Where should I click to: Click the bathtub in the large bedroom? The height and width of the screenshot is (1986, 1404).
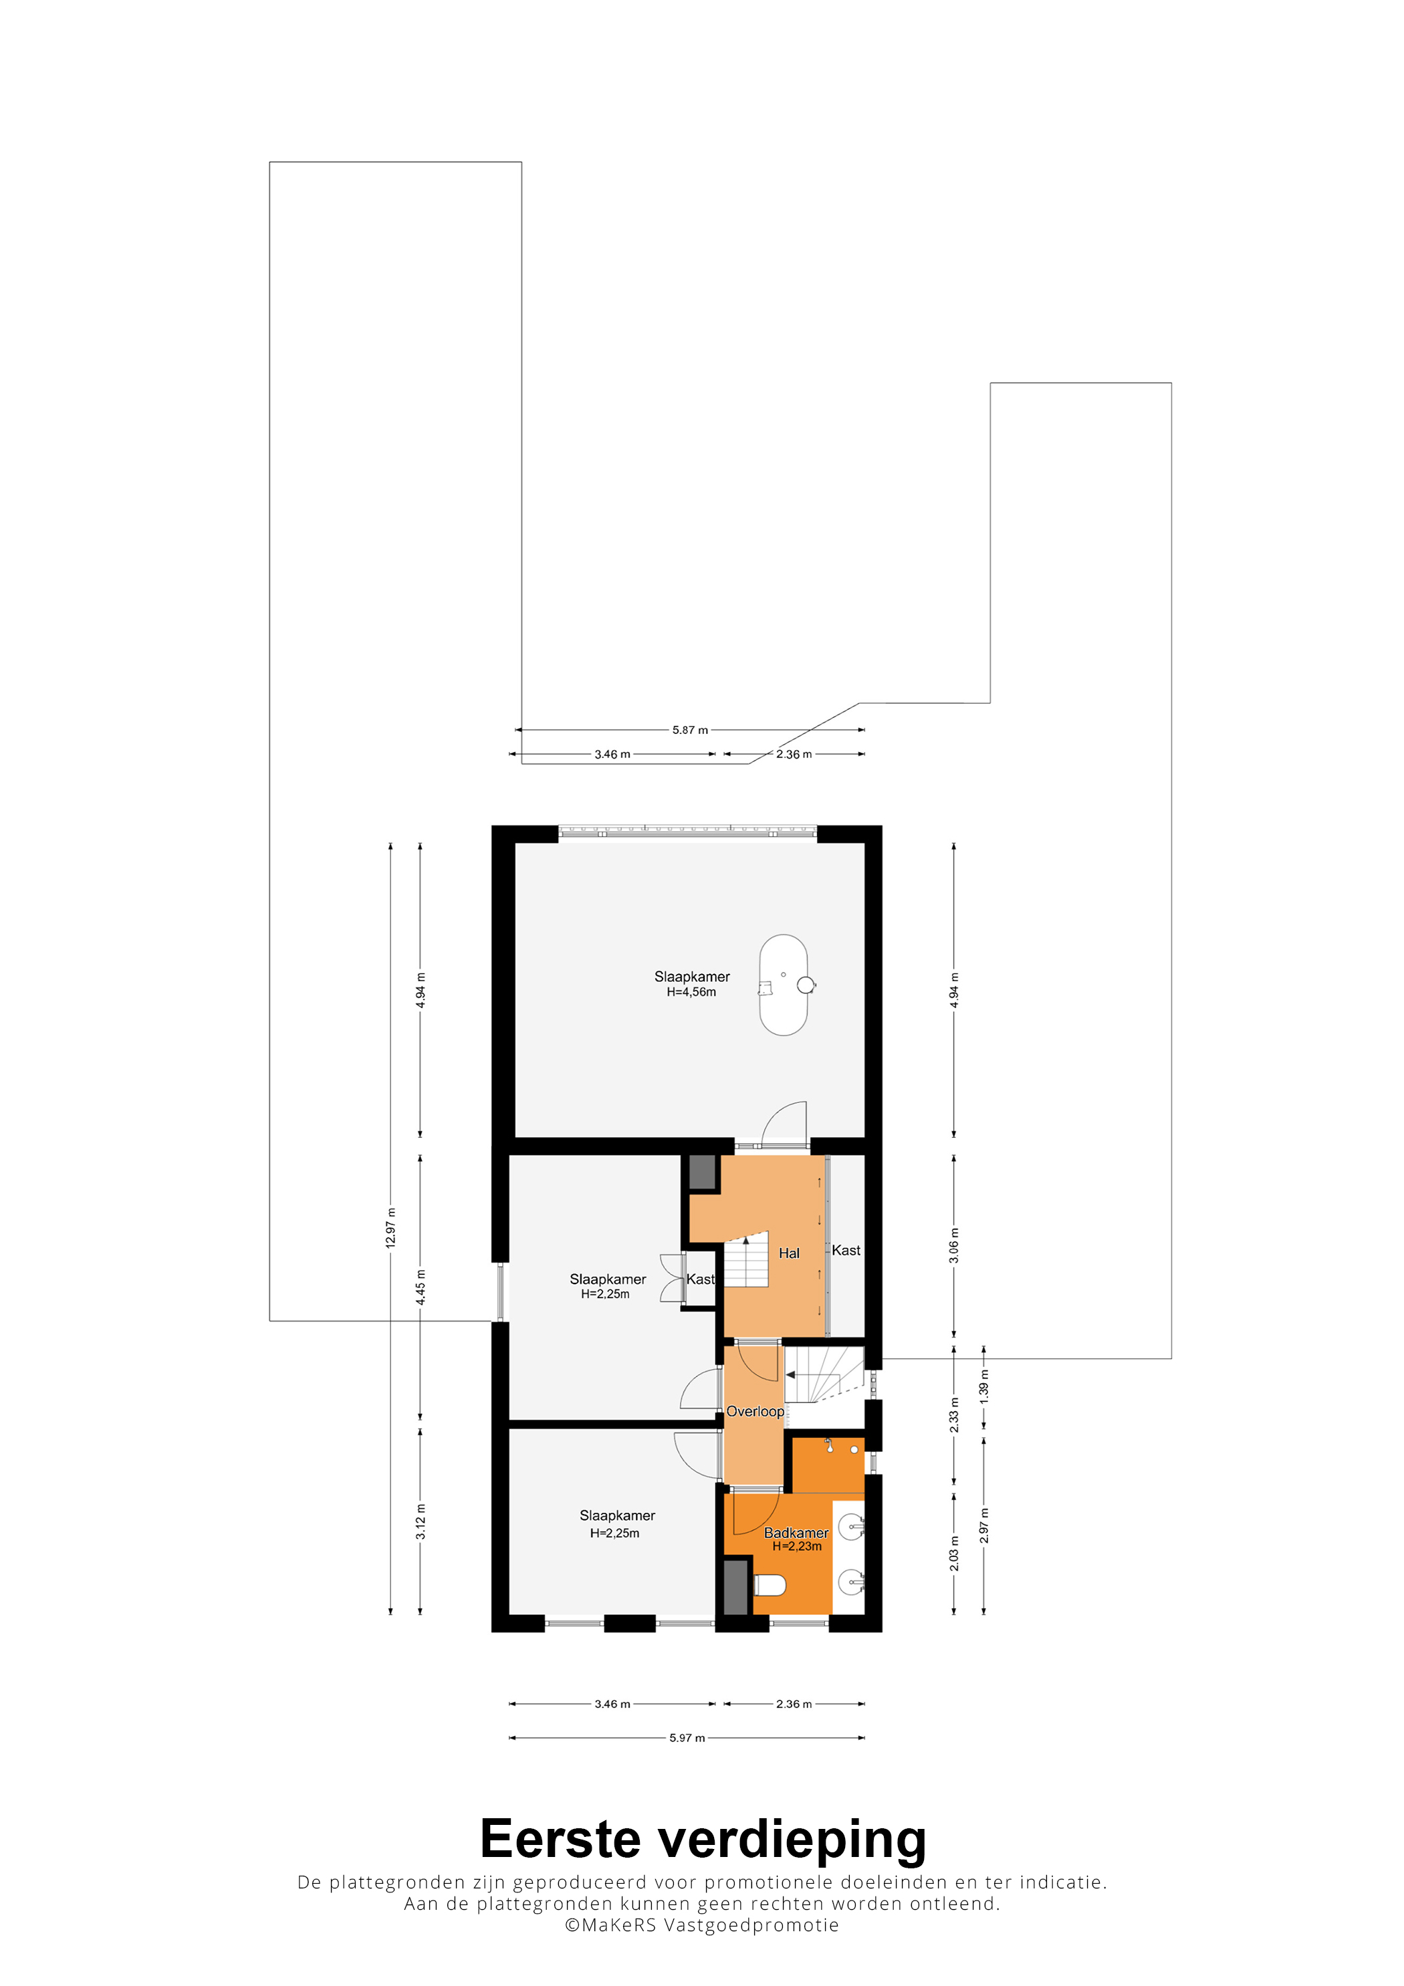[783, 985]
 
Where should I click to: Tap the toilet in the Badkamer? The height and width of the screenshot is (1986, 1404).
[769, 1585]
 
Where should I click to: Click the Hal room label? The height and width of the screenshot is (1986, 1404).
[789, 1253]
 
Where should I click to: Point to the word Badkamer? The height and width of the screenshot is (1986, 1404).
[796, 1533]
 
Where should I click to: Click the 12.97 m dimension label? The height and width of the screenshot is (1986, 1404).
[391, 1227]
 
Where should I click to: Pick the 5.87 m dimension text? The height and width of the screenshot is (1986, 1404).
[691, 730]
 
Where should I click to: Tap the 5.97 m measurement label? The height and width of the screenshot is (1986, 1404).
[687, 1738]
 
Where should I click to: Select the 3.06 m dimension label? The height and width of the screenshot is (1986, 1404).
[954, 1245]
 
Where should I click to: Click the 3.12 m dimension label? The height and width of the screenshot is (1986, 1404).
[421, 1521]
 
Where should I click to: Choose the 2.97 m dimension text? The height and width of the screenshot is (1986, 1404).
[983, 1526]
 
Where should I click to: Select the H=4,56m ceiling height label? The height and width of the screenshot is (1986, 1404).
[691, 992]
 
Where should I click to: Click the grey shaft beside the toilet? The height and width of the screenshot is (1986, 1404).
[735, 1586]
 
